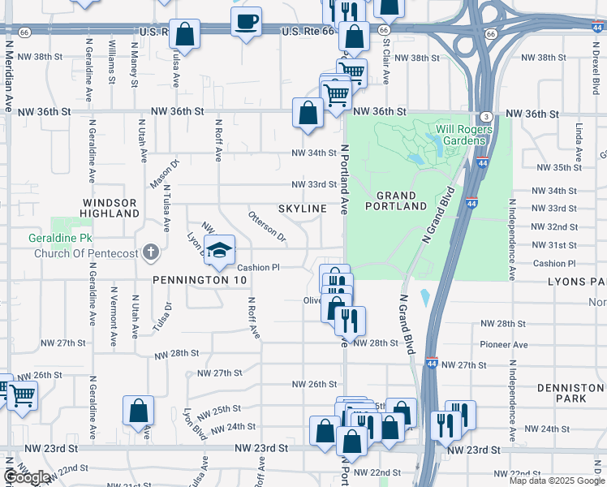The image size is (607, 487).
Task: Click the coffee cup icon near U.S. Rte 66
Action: click(246, 21)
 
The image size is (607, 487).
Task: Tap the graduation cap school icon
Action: click(219, 250)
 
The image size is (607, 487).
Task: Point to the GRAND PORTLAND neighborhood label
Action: click(402, 201)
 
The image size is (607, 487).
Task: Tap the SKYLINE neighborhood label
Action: click(303, 209)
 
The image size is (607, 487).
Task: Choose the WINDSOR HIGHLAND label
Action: click(110, 208)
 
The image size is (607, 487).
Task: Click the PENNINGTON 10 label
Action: click(192, 280)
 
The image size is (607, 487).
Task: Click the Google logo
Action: click(28, 477)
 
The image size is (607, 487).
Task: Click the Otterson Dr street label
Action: click(267, 226)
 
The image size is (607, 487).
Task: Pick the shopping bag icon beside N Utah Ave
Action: click(139, 411)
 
